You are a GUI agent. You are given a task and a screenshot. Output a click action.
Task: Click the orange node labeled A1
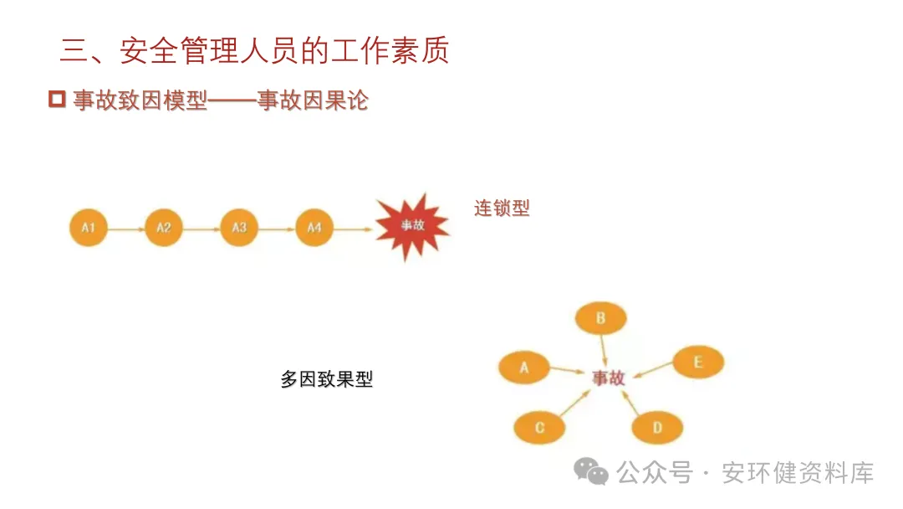tap(88, 227)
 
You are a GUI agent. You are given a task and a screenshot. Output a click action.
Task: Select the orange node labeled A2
tap(163, 227)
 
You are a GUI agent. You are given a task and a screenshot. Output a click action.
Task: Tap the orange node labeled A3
tap(239, 227)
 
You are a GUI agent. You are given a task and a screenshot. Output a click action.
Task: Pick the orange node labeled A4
tap(314, 227)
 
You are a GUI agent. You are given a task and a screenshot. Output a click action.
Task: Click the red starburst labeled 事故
tap(412, 225)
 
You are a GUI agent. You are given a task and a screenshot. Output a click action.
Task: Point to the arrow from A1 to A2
tap(125, 228)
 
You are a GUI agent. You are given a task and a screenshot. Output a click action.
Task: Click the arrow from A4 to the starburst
tap(353, 228)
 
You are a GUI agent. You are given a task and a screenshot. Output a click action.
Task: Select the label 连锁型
tap(502, 208)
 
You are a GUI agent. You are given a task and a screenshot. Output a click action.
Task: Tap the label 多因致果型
tap(326, 379)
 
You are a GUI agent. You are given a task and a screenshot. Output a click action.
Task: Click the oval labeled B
tap(600, 317)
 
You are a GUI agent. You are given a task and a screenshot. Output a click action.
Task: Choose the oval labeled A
tap(524, 367)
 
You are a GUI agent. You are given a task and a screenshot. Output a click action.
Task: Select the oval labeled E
tap(698, 362)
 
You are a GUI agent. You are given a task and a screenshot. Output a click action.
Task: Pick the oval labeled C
tap(539, 428)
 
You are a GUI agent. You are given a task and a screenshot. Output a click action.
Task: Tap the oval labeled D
tap(657, 428)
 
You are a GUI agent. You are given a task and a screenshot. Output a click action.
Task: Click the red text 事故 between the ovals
tap(609, 378)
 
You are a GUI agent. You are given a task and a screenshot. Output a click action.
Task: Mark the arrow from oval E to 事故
tap(652, 370)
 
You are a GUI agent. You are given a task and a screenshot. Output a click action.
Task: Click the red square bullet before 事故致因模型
tap(57, 100)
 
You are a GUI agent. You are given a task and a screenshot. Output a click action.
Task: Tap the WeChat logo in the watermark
tap(591, 472)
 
